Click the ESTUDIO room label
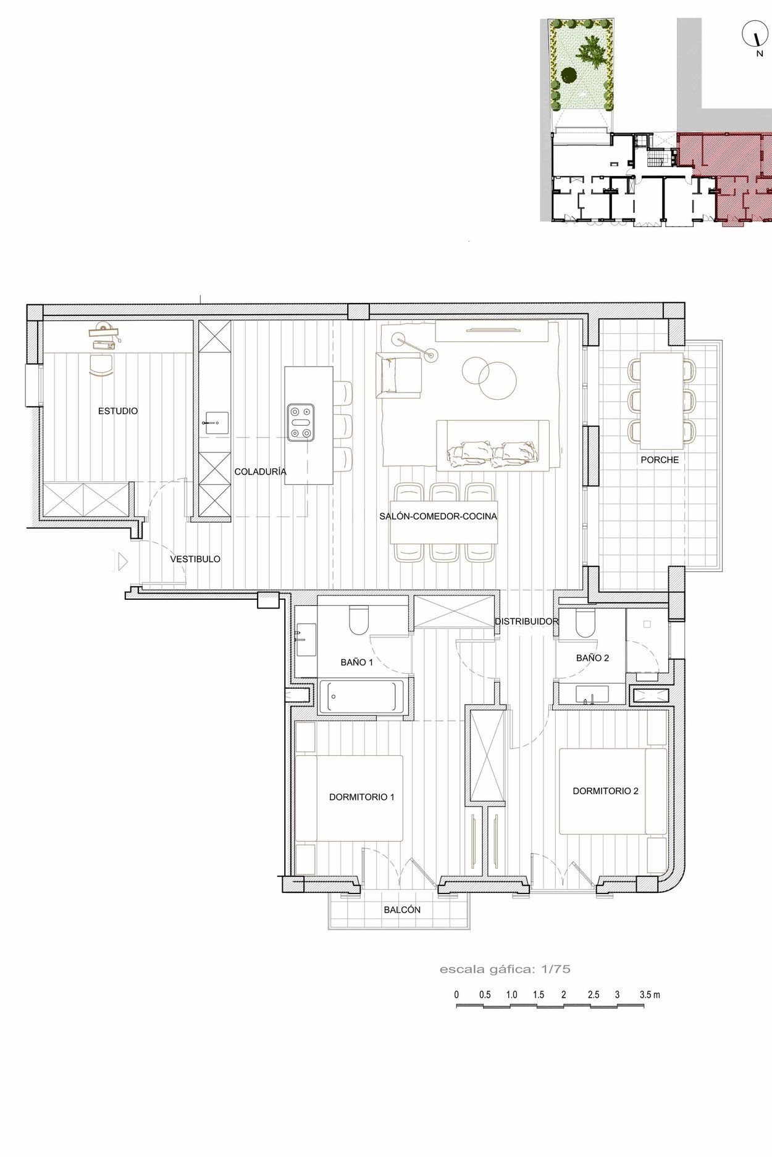(118, 411)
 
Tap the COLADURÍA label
(260, 471)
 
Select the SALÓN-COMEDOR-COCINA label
(438, 516)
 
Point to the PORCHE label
(660, 460)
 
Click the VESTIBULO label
(195, 559)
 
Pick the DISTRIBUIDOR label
(527, 621)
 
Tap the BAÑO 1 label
(357, 662)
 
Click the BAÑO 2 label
(592, 658)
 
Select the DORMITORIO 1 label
(362, 797)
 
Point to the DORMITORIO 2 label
(605, 790)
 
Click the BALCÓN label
(402, 910)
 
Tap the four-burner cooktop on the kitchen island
(301, 423)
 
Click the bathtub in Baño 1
(360, 697)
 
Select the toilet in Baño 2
(584, 623)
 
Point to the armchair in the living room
(398, 375)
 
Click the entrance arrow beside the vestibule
(122, 561)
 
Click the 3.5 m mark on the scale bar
(650, 995)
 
